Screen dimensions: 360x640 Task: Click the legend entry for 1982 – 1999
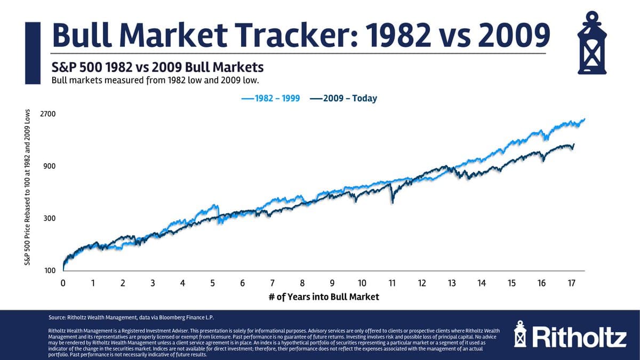click(270, 98)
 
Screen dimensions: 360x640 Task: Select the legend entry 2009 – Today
click(343, 98)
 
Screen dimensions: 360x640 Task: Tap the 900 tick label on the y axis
click(50, 166)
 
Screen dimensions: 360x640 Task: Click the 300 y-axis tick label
click(50, 219)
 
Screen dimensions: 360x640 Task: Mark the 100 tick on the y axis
click(50, 271)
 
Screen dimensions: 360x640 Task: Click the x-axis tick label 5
click(212, 283)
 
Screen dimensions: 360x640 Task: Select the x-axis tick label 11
click(392, 283)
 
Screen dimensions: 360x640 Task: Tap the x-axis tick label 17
click(571, 283)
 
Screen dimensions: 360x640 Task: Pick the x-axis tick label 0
click(63, 283)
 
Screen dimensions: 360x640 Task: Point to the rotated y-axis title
click(26, 187)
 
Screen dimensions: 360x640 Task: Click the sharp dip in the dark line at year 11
click(392, 202)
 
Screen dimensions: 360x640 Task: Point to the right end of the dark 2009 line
click(574, 144)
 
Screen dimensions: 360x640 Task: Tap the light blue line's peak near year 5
click(215, 205)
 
